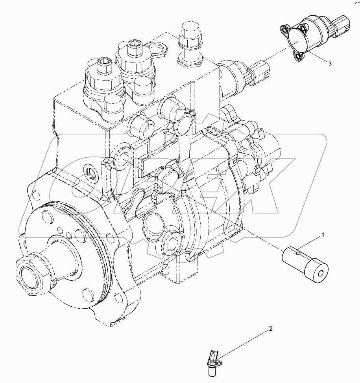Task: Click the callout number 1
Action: [x=323, y=235]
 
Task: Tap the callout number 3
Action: [x=330, y=63]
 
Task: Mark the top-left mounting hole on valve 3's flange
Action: [x=284, y=29]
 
